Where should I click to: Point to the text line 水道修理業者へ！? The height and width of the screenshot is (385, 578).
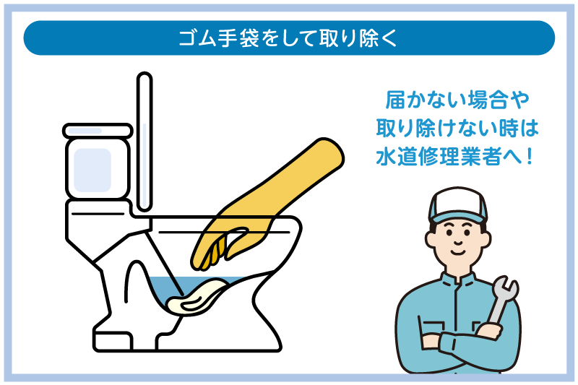click(x=458, y=156)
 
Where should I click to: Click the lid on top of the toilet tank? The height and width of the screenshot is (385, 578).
click(x=97, y=131)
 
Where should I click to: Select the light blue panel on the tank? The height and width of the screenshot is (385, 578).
click(x=92, y=170)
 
